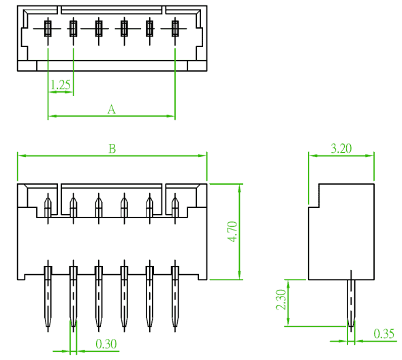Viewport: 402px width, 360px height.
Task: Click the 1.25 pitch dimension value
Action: coord(61,85)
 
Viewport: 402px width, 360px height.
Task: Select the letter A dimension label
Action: coord(112,109)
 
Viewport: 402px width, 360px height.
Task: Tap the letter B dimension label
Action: coord(112,149)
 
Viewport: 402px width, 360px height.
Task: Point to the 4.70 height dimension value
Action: coord(232,231)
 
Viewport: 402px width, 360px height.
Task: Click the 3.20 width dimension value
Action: coord(341,149)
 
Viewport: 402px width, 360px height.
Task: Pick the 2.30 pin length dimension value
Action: coord(281,299)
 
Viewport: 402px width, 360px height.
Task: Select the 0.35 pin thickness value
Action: coord(384,333)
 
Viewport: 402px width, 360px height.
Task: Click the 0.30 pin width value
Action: coord(106,344)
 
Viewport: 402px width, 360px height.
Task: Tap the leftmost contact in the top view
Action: coord(48,29)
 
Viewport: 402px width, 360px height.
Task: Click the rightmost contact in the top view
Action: coord(175,29)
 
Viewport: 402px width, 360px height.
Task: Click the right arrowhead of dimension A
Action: coord(170,116)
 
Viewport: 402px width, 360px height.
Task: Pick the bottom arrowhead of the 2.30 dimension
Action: coord(288,322)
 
